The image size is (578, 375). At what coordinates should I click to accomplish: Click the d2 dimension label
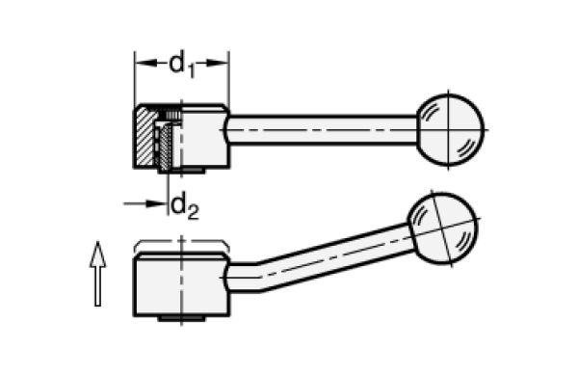pos(180,204)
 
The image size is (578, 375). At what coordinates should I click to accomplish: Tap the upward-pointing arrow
pos(96,275)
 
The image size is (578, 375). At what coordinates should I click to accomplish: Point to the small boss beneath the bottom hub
pos(180,319)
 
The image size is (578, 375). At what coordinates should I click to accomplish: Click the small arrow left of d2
pos(135,204)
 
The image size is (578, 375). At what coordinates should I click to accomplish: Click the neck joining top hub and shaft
pos(230,126)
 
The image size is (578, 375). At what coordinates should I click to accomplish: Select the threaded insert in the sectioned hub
pos(167,145)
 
